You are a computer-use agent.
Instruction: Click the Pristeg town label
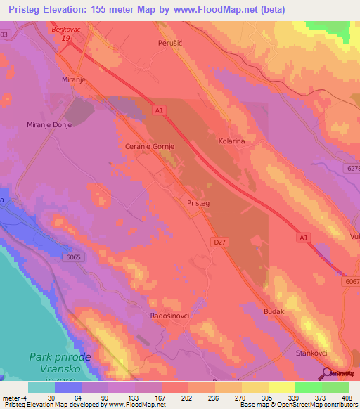(199, 202)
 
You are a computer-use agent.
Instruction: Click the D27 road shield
(219, 241)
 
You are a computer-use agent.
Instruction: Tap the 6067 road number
(352, 280)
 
